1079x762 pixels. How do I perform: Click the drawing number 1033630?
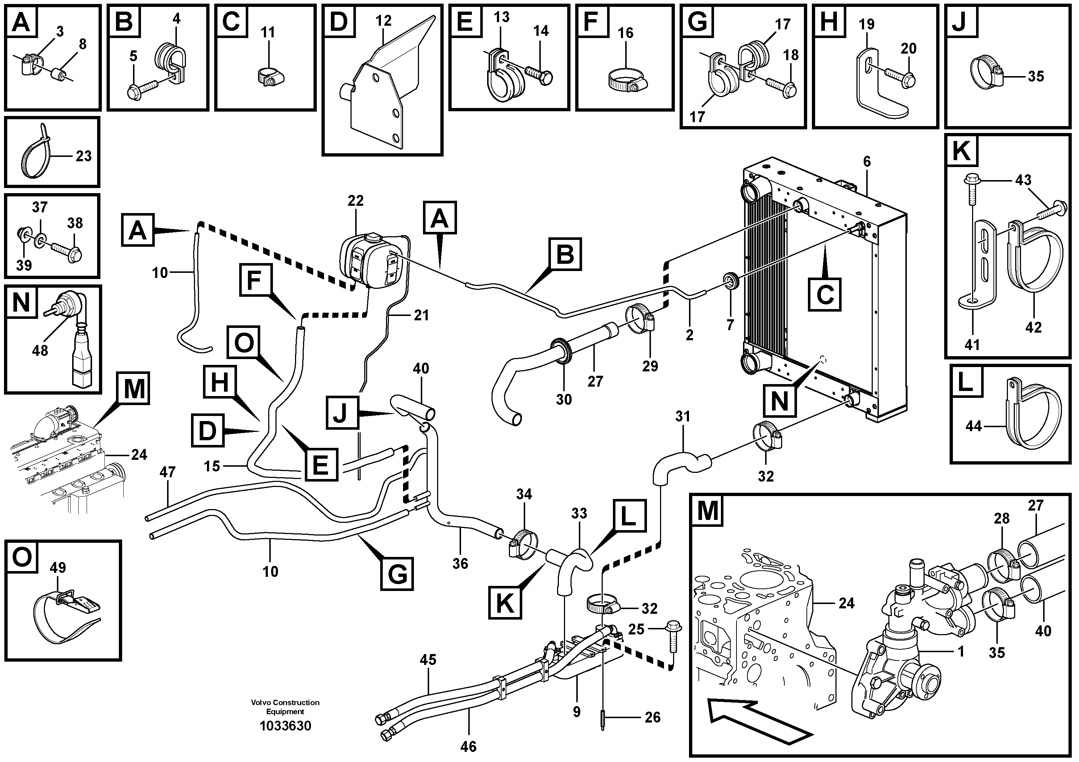(x=285, y=726)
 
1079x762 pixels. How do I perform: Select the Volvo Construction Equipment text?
(x=285, y=707)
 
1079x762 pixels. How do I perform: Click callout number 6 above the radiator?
(x=867, y=162)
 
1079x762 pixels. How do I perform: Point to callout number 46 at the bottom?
(x=468, y=746)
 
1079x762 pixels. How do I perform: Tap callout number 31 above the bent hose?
(x=682, y=416)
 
